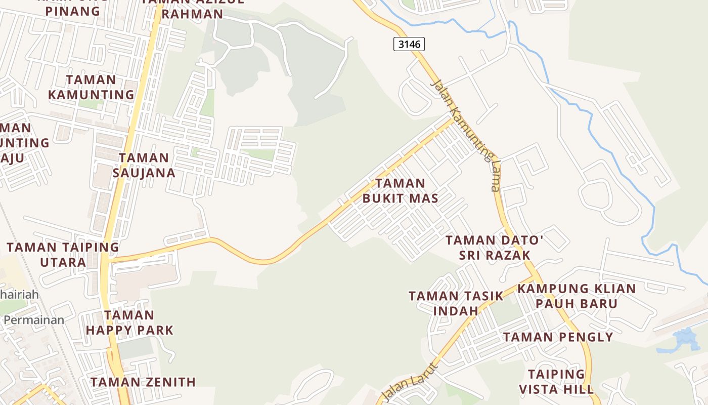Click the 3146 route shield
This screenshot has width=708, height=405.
point(409,45)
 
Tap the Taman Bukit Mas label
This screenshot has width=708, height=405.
point(401,190)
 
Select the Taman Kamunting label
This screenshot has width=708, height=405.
point(91,87)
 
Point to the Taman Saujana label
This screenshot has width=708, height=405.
point(144,165)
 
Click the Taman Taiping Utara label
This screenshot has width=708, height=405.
point(63,255)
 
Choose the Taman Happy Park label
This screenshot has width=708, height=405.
point(129,323)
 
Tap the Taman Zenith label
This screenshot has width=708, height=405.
point(143,382)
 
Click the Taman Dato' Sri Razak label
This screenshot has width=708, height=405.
point(494,248)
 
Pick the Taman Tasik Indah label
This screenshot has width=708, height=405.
point(456,303)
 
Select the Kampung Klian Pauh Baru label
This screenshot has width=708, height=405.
point(577,296)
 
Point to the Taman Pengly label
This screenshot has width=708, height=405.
point(558,337)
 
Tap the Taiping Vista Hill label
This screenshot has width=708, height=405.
point(556,382)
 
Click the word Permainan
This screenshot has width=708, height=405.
point(34,320)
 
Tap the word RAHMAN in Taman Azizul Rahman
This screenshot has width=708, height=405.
point(192,14)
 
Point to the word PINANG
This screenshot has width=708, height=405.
point(73,11)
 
